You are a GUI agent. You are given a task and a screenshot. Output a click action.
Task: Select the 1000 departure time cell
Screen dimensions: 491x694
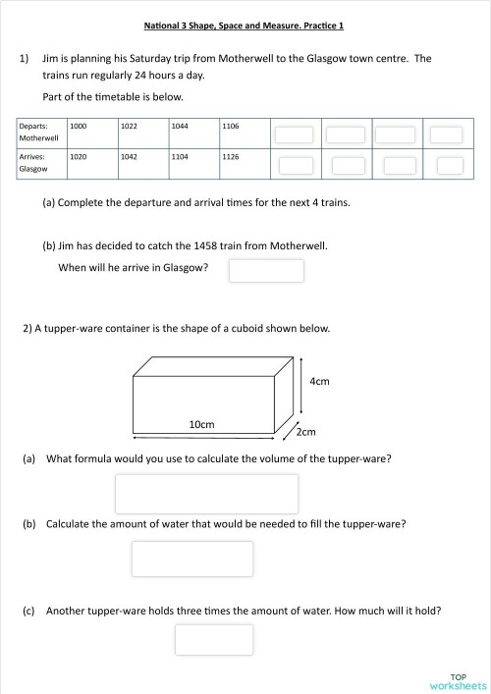pos(79,127)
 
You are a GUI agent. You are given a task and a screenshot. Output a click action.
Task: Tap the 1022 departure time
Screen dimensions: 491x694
pos(129,127)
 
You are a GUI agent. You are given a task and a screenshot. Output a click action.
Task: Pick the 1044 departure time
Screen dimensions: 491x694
pos(180,127)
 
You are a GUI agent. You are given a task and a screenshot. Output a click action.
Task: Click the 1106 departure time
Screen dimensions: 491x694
pos(231,127)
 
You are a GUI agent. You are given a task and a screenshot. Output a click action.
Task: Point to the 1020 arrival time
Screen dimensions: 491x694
pos(79,156)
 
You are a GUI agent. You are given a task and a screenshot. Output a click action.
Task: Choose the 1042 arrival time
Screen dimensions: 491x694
pos(129,156)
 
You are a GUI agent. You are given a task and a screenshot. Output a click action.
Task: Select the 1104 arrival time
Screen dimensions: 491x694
pos(180,156)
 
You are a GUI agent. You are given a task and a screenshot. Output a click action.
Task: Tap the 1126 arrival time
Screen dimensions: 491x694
pos(231,156)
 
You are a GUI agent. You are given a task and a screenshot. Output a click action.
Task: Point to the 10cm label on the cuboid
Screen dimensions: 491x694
pos(201,424)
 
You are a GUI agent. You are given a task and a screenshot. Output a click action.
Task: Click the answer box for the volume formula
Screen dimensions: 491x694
pos(206,494)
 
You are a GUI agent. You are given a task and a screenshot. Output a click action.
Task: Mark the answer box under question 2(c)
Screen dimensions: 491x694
pos(213,640)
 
